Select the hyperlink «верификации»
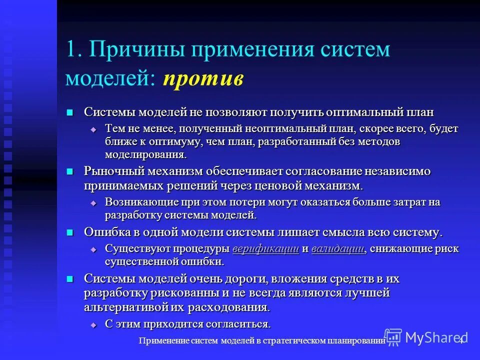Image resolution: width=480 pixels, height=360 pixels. pyautogui.click(x=266, y=248)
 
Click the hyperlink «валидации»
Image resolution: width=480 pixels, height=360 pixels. pyautogui.click(x=337, y=248)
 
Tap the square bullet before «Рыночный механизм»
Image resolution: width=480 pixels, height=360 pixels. pyautogui.click(x=70, y=171)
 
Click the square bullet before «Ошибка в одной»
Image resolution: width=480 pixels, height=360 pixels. pyautogui.click(x=70, y=232)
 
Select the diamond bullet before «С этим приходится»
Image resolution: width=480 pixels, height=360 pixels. pyautogui.click(x=93, y=324)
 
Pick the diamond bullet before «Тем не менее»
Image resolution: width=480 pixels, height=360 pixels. pyautogui.click(x=93, y=129)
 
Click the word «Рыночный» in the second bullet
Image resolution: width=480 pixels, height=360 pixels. pyautogui.click(x=113, y=171)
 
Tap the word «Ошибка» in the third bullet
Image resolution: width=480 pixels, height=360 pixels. pyautogui.click(x=105, y=232)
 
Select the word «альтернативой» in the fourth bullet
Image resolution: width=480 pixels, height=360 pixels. pyautogui.click(x=119, y=306)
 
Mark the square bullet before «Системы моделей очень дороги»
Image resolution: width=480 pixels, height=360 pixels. pyautogui.click(x=70, y=278)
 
